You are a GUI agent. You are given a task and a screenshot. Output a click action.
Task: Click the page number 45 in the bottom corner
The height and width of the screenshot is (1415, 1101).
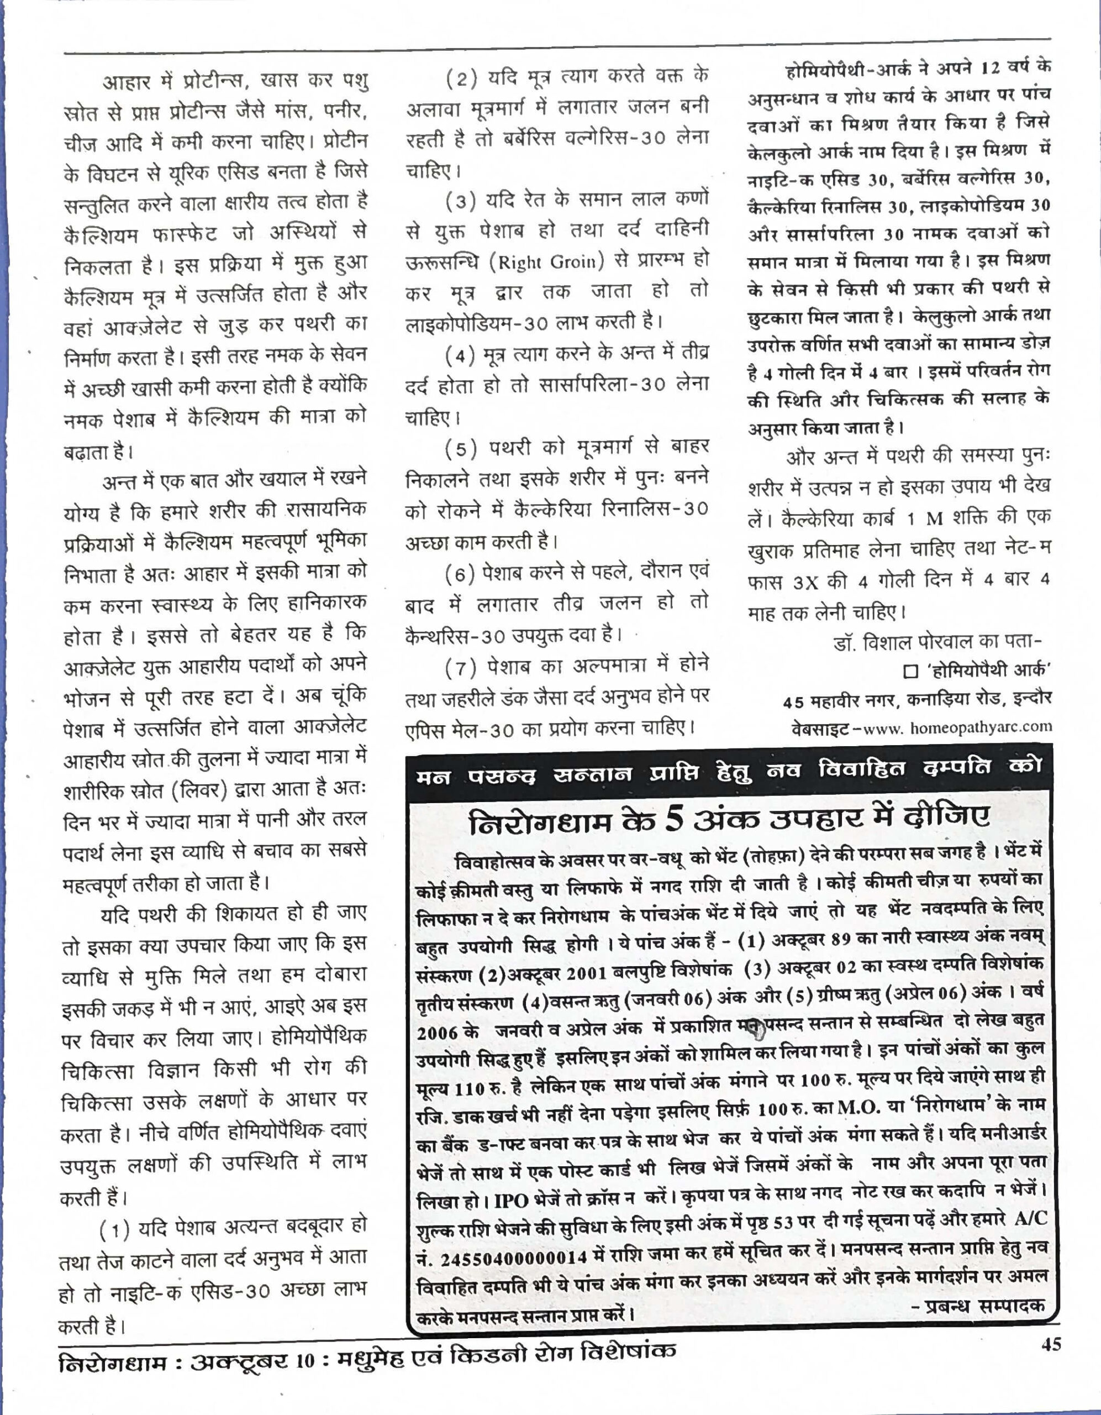click(x=1051, y=1345)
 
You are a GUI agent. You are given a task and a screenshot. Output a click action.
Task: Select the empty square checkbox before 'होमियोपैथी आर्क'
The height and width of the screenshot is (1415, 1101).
click(x=910, y=671)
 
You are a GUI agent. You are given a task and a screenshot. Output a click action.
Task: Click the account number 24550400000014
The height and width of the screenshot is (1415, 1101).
click(x=514, y=1259)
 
